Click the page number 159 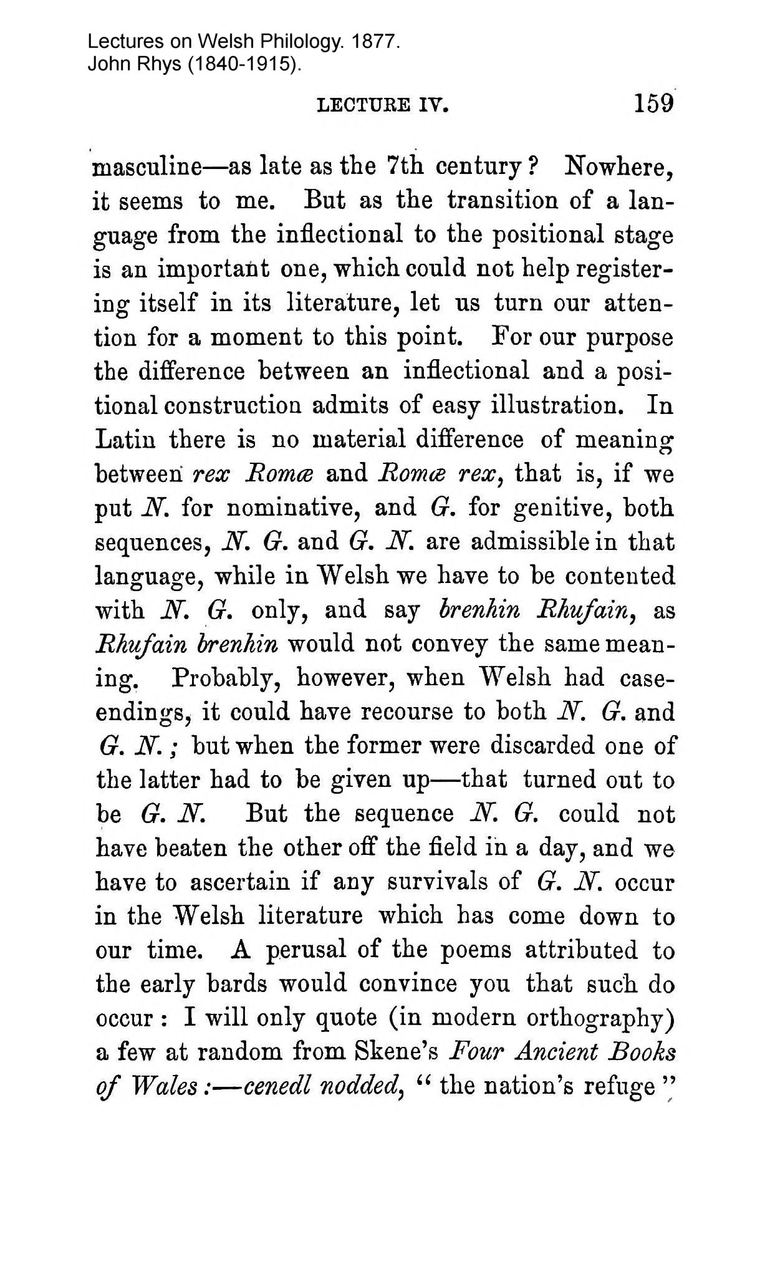point(653,103)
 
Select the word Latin point(126,440)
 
